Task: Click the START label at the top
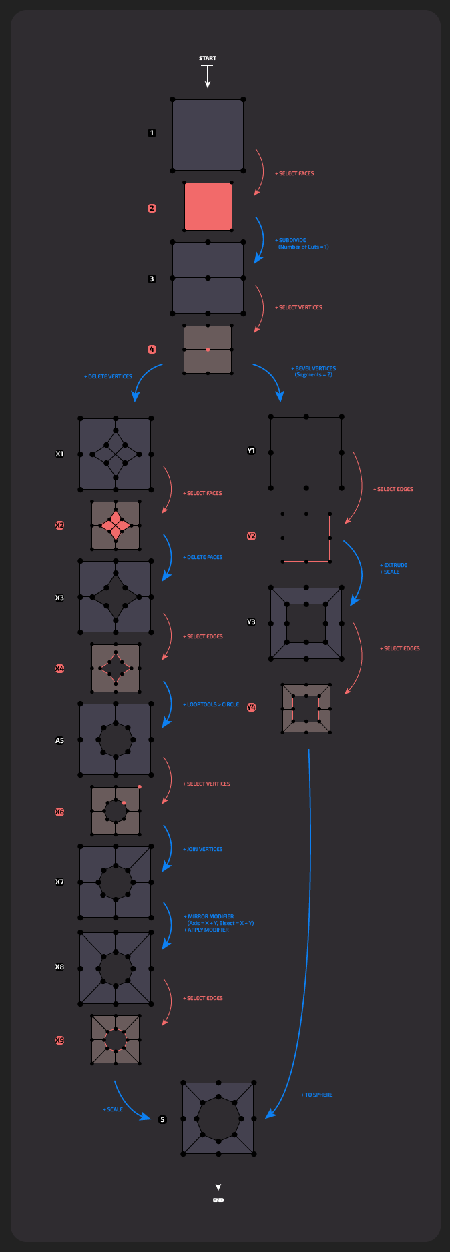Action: pyautogui.click(x=208, y=59)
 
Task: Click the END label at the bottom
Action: pyautogui.click(x=218, y=1200)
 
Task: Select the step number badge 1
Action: pyautogui.click(x=152, y=133)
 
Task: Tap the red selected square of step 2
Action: pyautogui.click(x=208, y=207)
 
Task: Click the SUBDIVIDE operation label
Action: pyautogui.click(x=292, y=240)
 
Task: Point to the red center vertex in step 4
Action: pyautogui.click(x=208, y=350)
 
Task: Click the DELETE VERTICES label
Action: pyautogui.click(x=108, y=376)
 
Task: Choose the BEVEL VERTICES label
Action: pyautogui.click(x=314, y=368)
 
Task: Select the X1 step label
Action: pyautogui.click(x=59, y=454)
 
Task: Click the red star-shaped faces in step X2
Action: pyautogui.click(x=116, y=526)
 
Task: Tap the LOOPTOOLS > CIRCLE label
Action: pyautogui.click(x=212, y=704)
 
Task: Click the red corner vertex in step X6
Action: pyautogui.click(x=140, y=787)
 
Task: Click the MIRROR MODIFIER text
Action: pyautogui.click(x=211, y=916)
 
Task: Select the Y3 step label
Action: pyautogui.click(x=251, y=622)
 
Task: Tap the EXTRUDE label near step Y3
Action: pyautogui.click(x=395, y=565)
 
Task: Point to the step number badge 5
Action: pyautogui.click(x=162, y=1119)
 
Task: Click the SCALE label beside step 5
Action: pyautogui.click(x=114, y=1109)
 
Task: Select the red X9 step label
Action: pyautogui.click(x=59, y=1040)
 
